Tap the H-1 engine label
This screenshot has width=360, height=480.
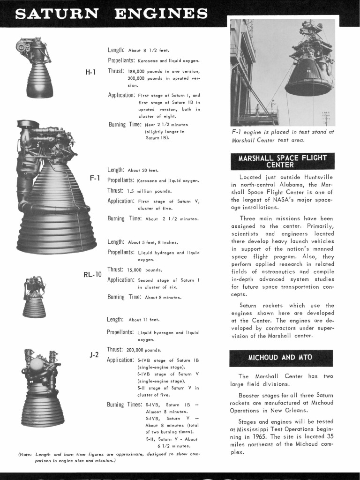click(90, 72)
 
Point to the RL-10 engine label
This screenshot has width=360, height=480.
click(92, 274)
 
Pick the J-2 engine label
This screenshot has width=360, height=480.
click(94, 355)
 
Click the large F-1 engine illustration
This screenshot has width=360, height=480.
click(54, 187)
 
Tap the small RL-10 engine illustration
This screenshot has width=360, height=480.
click(34, 298)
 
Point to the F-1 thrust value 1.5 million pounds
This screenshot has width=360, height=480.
click(150, 191)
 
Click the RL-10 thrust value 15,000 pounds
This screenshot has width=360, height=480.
click(145, 270)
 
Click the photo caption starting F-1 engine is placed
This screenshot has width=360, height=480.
click(282, 136)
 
